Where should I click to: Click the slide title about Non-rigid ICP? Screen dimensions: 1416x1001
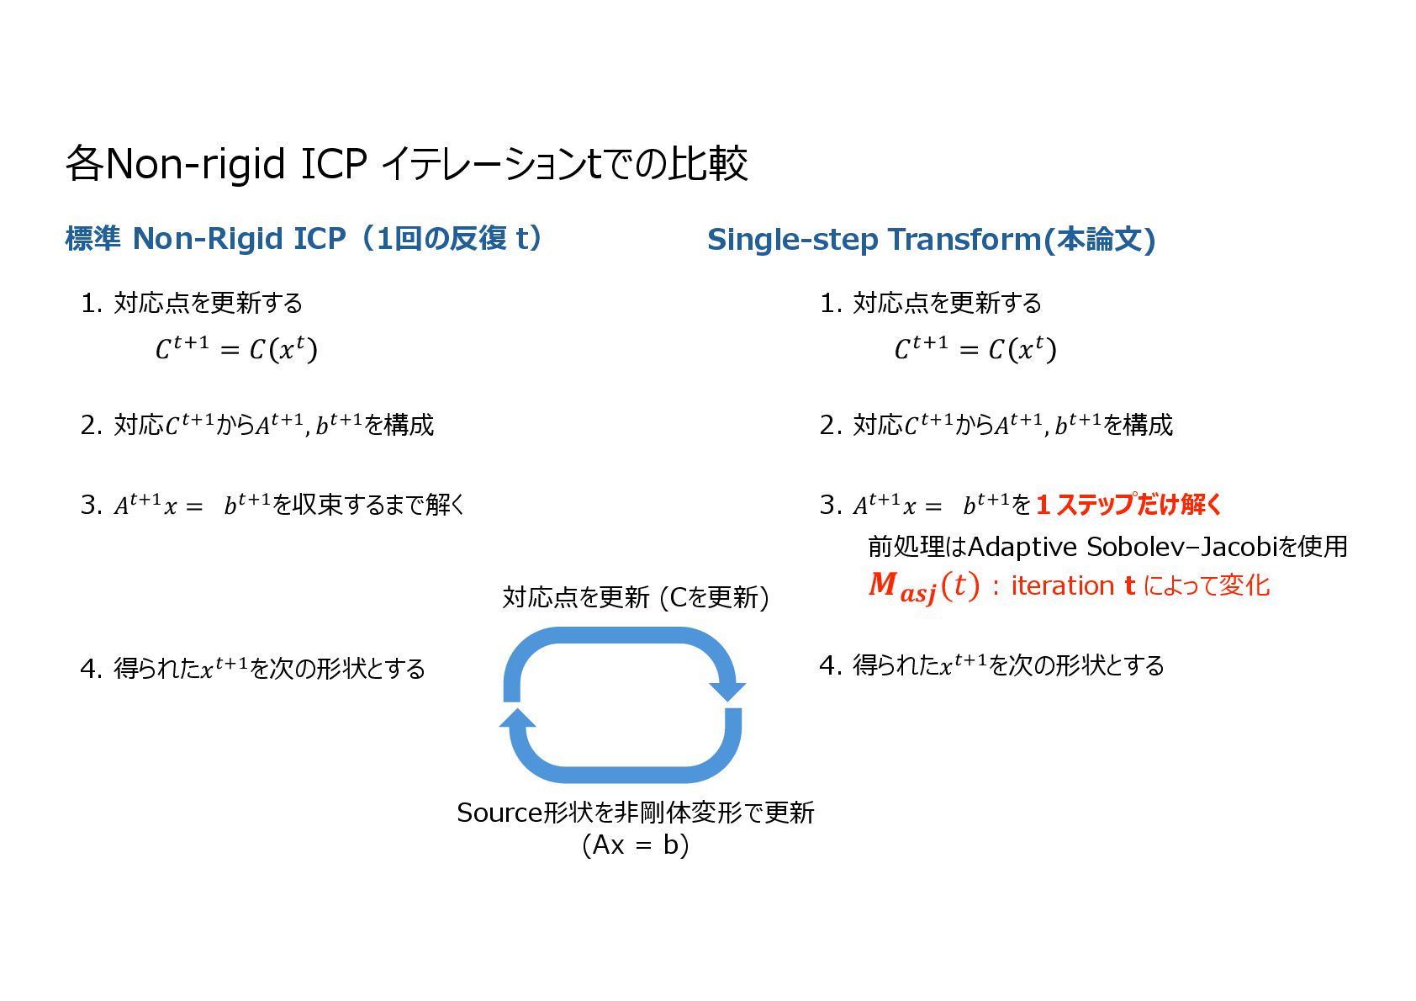click(x=406, y=163)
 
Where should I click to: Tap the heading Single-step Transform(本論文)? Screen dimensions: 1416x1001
click(x=931, y=240)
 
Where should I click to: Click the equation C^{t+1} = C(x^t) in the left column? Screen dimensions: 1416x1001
click(x=236, y=347)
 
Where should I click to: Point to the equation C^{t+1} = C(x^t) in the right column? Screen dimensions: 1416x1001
click(x=975, y=347)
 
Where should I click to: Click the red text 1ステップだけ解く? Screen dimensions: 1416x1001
click(x=1128, y=505)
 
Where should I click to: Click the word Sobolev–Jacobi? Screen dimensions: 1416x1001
click(x=1181, y=547)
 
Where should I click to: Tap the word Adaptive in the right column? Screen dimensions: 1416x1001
click(x=1022, y=547)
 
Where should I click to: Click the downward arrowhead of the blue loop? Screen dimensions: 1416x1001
click(x=726, y=691)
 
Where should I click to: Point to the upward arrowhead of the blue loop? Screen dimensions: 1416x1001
click(x=518, y=718)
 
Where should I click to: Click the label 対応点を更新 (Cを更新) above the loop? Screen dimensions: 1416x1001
click(x=636, y=597)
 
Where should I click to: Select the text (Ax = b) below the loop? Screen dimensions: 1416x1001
click(x=636, y=845)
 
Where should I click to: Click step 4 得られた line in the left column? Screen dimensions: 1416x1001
click(x=252, y=669)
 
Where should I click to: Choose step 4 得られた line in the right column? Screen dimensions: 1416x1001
click(x=992, y=665)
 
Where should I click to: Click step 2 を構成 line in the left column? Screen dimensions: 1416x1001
click(x=257, y=425)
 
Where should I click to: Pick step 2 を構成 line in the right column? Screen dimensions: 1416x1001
click(x=996, y=425)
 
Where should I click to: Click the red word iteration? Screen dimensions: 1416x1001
click(x=1062, y=585)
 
